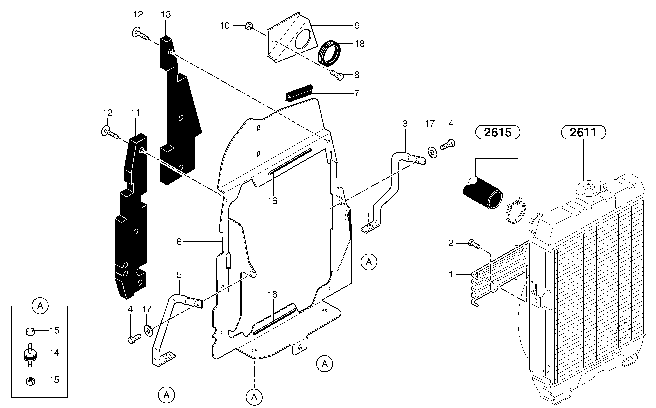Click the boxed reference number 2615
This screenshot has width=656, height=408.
click(x=498, y=132)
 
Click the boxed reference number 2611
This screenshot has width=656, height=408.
click(x=583, y=132)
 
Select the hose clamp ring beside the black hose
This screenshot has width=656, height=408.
click(x=516, y=213)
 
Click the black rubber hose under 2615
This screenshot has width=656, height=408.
click(x=483, y=193)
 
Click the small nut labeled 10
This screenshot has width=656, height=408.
click(x=249, y=26)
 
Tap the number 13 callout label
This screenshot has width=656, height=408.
click(x=166, y=14)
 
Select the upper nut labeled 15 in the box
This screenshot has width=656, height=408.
click(x=30, y=331)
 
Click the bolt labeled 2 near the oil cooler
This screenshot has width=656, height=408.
click(x=474, y=243)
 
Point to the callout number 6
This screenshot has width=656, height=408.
click(x=179, y=242)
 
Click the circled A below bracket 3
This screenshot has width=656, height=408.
click(x=369, y=262)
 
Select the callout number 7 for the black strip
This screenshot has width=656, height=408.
click(x=356, y=93)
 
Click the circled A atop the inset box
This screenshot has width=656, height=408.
click(x=40, y=306)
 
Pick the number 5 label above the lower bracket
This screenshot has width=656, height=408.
click(x=179, y=275)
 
